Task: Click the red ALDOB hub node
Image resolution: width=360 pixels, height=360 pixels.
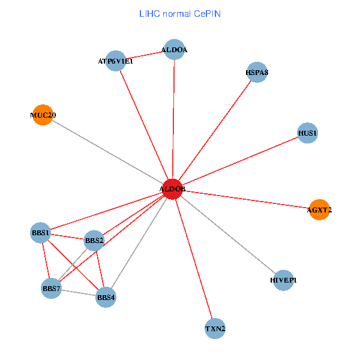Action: (x=172, y=189)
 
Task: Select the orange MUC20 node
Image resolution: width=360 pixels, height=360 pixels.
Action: (x=42, y=115)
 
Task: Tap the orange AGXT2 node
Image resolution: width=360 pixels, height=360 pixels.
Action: (x=319, y=209)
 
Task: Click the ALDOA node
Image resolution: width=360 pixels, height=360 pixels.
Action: (x=174, y=50)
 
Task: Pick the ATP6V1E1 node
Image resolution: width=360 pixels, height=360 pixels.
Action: (x=115, y=61)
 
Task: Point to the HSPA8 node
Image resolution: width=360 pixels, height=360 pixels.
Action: (x=257, y=73)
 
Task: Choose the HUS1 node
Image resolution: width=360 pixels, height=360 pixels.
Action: (x=307, y=133)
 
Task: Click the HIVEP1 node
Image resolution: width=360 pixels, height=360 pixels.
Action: (x=283, y=280)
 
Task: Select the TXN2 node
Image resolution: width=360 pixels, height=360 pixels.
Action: (x=215, y=329)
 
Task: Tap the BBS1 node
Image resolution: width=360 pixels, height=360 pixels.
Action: (x=40, y=232)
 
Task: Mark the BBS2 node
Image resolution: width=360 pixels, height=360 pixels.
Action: (x=94, y=241)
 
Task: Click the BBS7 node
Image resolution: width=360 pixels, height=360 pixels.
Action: (x=51, y=289)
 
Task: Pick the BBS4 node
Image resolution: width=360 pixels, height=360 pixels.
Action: (x=106, y=297)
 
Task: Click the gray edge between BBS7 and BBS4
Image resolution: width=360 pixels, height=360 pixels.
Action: (x=78, y=293)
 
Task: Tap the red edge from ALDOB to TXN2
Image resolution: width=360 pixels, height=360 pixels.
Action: (x=193, y=259)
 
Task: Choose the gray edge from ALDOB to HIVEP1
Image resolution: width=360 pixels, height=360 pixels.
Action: (x=228, y=235)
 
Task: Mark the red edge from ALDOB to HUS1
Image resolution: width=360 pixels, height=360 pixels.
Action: (x=240, y=161)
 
